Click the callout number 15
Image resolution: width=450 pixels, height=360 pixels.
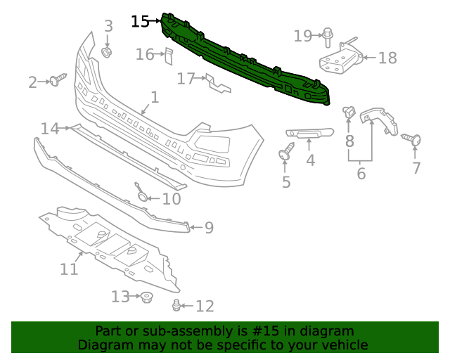tap(140, 22)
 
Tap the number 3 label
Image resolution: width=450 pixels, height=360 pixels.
tap(108, 27)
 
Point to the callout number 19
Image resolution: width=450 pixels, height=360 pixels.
tap(303, 35)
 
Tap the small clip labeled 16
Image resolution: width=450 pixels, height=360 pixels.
tap(168, 55)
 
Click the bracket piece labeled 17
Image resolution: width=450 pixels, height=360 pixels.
tap(217, 84)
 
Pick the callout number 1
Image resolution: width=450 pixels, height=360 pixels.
tap(155, 98)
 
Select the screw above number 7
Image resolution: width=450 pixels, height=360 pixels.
tap(413, 140)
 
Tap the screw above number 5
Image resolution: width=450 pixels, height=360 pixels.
tap(287, 151)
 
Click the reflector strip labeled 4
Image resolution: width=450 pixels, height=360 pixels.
tap(309, 132)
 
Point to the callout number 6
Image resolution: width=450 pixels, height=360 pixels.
tap(361, 173)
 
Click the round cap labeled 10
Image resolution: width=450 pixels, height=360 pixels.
tap(143, 195)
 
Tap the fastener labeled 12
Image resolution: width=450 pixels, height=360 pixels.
tap(176, 305)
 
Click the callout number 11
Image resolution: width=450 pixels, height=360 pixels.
tap(69, 269)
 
